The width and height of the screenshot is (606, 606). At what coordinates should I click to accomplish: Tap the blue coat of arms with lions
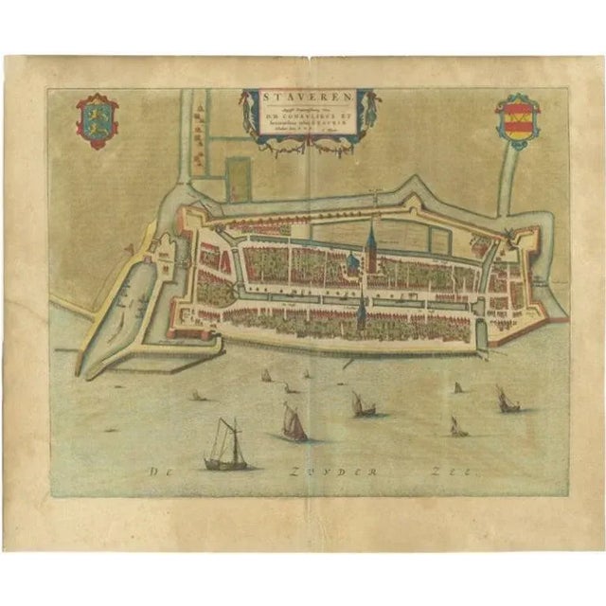tap(97, 120)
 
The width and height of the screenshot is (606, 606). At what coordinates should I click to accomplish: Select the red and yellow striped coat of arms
tap(516, 120)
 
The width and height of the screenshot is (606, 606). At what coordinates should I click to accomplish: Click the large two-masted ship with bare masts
tap(225, 447)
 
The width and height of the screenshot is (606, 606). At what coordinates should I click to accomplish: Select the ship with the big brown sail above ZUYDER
tap(294, 422)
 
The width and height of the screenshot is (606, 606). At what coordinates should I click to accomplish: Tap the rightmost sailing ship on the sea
tap(508, 401)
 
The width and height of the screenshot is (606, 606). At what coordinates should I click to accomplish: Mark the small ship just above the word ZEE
tap(457, 428)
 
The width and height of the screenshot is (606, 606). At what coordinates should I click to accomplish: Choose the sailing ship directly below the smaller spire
tap(363, 405)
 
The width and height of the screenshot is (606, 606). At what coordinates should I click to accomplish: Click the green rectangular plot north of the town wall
tap(239, 179)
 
